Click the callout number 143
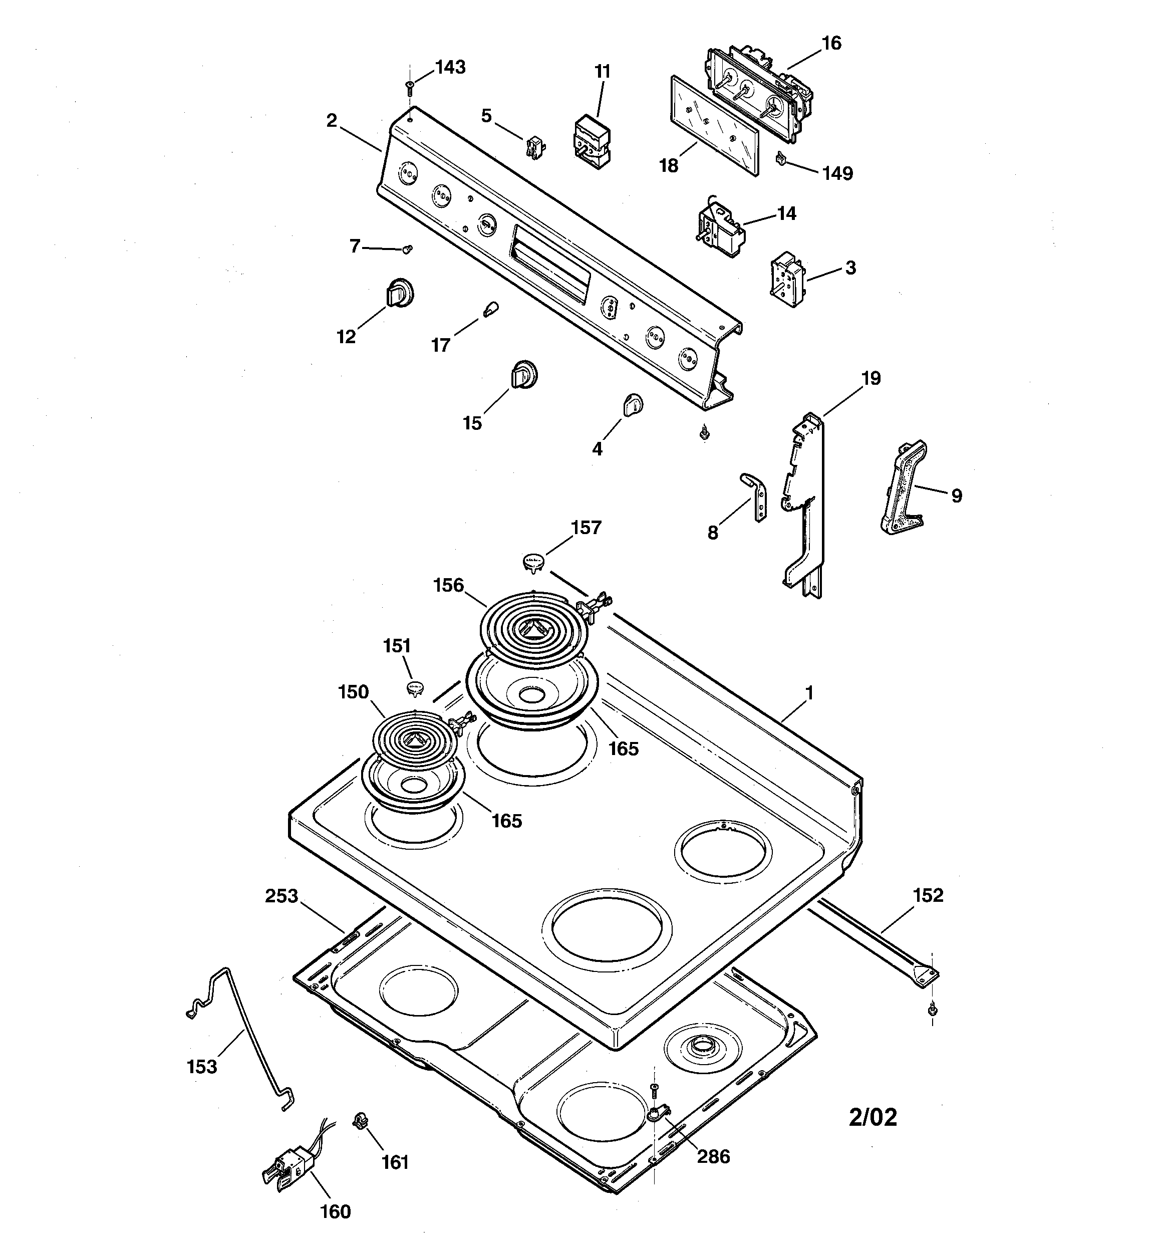coord(450,67)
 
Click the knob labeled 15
coord(523,375)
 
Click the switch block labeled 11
coord(592,141)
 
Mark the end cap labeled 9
coord(903,488)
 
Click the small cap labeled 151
coord(415,688)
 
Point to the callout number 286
coord(713,1157)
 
